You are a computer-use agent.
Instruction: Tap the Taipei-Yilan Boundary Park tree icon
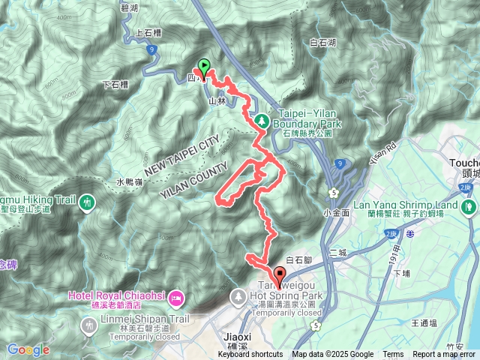(262, 119)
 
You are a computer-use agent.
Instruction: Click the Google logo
(28, 349)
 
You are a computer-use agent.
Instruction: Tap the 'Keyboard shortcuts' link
(250, 355)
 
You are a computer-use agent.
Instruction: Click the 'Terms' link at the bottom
(393, 355)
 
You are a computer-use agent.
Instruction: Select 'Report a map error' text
(444, 355)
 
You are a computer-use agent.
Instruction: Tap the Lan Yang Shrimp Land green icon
(470, 205)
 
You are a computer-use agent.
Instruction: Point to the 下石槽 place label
(114, 86)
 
